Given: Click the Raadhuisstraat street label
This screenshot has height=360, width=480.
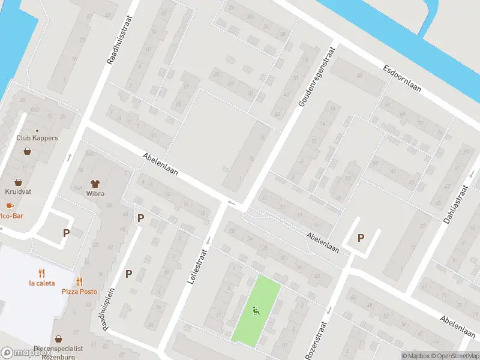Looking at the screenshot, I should pyautogui.click(x=119, y=40).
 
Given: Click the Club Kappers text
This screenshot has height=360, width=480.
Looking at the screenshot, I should pyautogui.click(x=37, y=138).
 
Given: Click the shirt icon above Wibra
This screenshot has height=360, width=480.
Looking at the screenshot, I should pyautogui.click(x=95, y=183).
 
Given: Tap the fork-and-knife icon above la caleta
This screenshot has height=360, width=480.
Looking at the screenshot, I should pyautogui.click(x=41, y=273).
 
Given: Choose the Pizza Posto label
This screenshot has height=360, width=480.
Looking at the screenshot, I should pyautogui.click(x=79, y=292).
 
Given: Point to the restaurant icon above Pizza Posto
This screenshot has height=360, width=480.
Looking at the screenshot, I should pyautogui.click(x=79, y=281).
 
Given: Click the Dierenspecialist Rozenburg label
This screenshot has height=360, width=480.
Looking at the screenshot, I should pyautogui.click(x=58, y=352).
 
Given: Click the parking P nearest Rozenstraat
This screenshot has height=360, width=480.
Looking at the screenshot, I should pyautogui.click(x=361, y=238).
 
